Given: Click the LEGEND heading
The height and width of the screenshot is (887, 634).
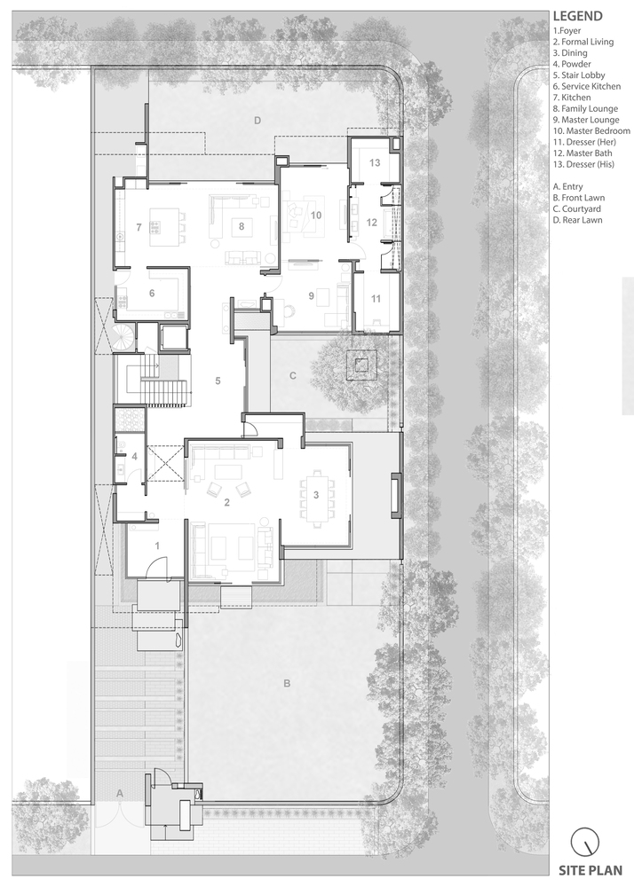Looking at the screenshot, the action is pos(577,16).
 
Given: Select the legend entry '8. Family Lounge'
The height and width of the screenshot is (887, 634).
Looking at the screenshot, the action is pos(585,108).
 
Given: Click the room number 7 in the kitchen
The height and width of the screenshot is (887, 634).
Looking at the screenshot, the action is pos(139,227).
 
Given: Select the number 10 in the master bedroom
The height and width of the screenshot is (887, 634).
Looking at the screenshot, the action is pos(316,215).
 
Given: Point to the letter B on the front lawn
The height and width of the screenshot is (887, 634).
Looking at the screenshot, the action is pos(287,683).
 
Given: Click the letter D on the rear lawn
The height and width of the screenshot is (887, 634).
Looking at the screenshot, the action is pos(258,120).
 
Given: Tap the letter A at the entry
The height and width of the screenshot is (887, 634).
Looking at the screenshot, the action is pos(120,794).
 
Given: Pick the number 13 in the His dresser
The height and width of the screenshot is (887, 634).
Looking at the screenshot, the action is pos(375,163).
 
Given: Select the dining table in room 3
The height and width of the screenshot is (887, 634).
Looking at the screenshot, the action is pos(316,496).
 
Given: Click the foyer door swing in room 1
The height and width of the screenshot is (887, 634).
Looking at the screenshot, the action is pos(158,567).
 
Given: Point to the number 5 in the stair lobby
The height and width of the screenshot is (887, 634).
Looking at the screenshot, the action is pos(218,381).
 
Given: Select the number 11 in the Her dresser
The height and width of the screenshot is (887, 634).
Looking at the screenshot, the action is pos(376,299).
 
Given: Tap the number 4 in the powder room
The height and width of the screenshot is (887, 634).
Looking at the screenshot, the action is pos(134,457).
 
